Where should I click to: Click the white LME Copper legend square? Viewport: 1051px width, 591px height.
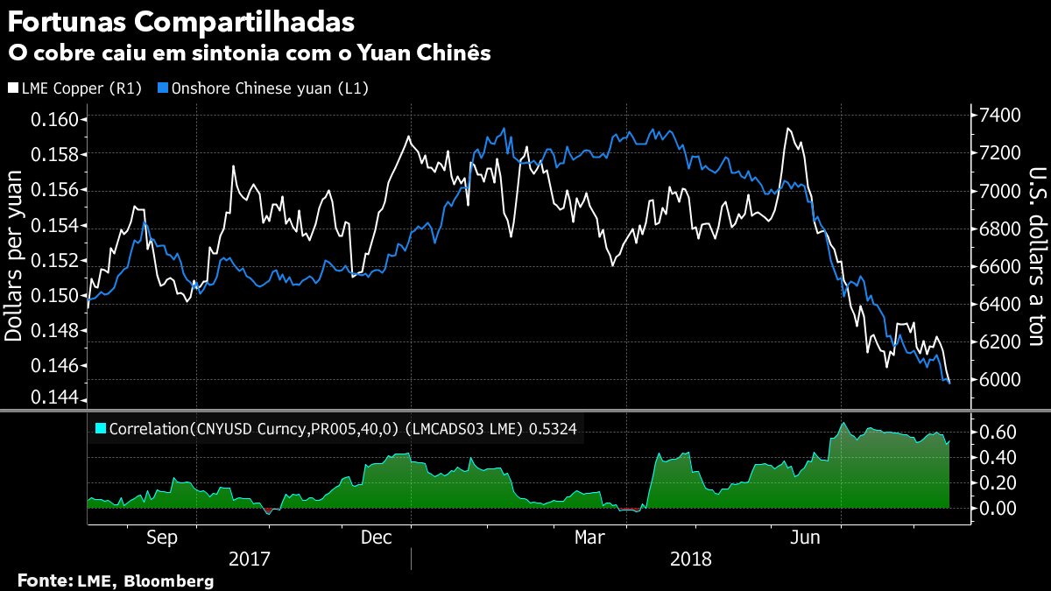pyautogui.click(x=11, y=88)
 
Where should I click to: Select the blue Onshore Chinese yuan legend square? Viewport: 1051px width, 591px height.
pyautogui.click(x=163, y=88)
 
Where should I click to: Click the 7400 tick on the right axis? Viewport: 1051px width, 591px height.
pyautogui.click(x=1000, y=116)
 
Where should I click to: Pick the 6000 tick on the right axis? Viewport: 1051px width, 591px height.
pyautogui.click(x=1000, y=380)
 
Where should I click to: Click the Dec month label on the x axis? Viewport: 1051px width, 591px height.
pyautogui.click(x=377, y=537)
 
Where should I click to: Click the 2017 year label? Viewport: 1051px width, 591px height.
pyautogui.click(x=249, y=559)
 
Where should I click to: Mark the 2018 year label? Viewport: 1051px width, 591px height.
pyautogui.click(x=691, y=559)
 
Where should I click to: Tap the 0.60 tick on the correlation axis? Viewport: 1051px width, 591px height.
pyautogui.click(x=997, y=433)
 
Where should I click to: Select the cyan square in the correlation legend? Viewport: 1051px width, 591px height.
pyautogui.click(x=100, y=428)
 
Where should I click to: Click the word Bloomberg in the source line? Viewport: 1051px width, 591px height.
pyautogui.click(x=168, y=580)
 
